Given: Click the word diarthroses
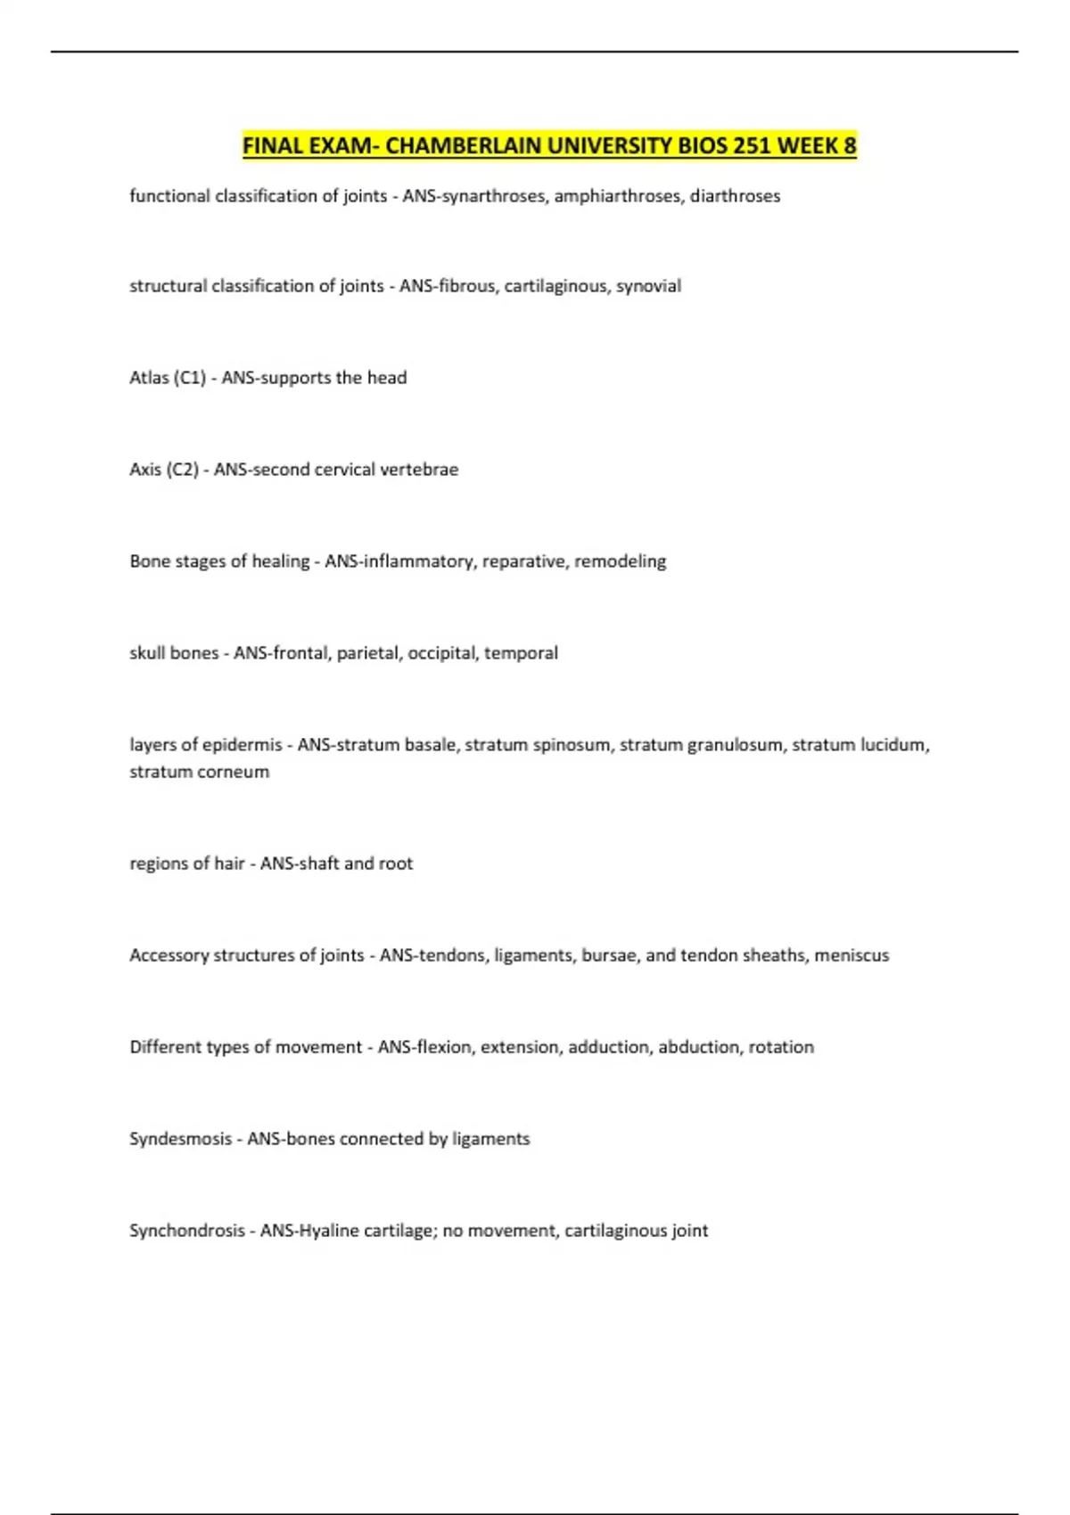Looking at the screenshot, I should [735, 196].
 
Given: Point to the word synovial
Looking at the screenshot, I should [648, 286].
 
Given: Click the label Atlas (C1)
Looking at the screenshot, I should [168, 378].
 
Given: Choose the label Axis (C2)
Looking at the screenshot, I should [164, 470].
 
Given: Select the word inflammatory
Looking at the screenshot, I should [416, 561].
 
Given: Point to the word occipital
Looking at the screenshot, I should [441, 653].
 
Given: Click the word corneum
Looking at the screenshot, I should [238, 772].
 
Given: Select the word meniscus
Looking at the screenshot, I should [852, 955].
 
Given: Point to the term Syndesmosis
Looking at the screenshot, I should [180, 1139].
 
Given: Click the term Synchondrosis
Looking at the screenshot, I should [187, 1231].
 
